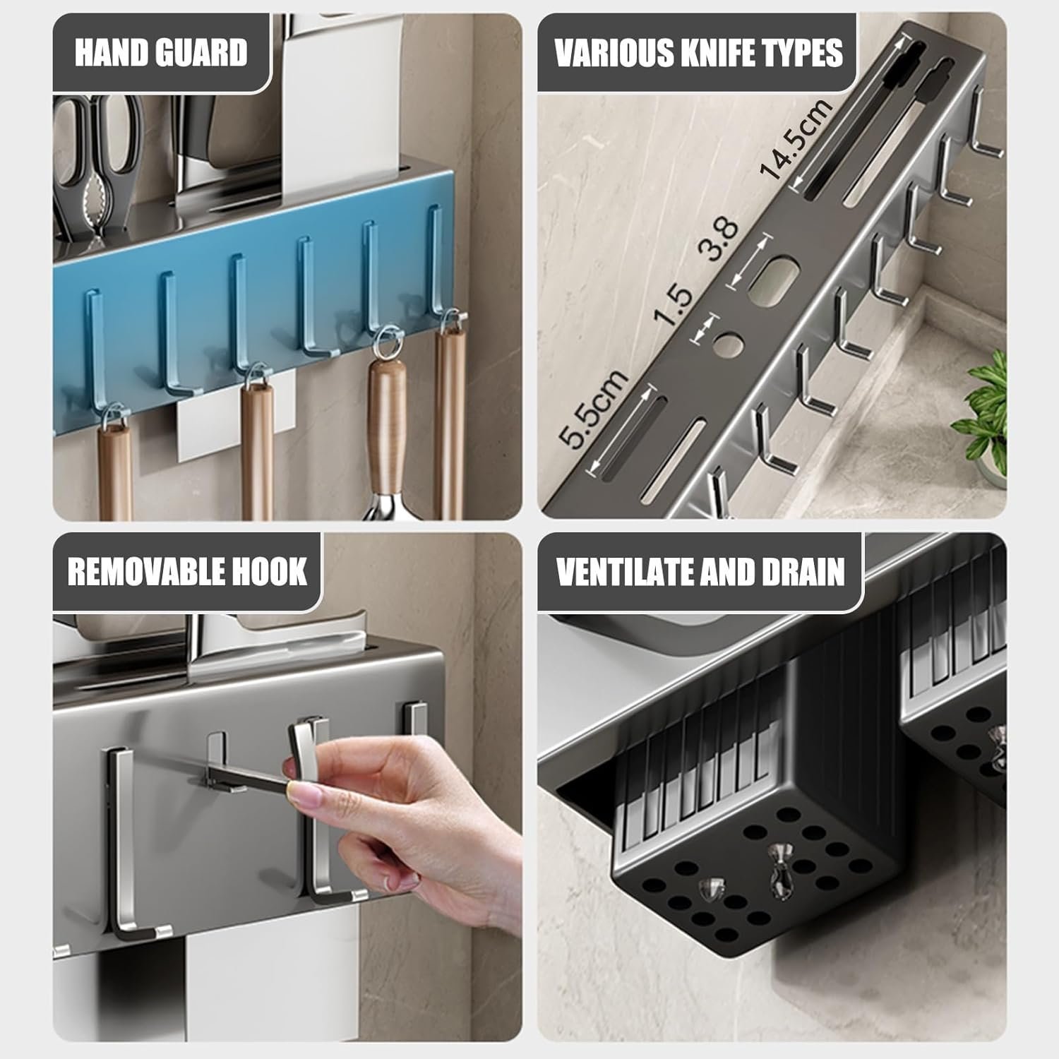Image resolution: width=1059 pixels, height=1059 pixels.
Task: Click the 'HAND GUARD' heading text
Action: [161, 53]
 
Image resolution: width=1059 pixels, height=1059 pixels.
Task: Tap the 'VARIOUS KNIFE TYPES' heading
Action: [698, 53]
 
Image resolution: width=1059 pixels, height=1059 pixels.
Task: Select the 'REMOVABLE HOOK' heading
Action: [187, 571]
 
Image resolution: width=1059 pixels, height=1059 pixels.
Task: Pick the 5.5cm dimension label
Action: [593, 409]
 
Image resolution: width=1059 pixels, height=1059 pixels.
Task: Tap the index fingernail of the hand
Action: [306, 797]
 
